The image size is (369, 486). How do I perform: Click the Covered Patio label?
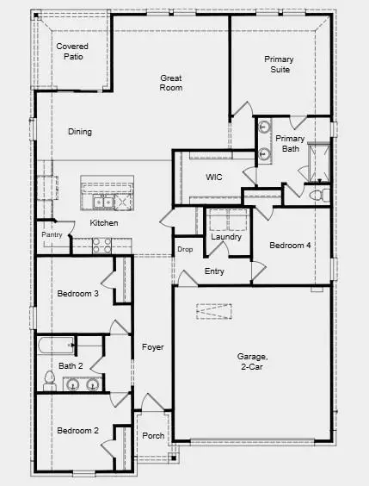71,51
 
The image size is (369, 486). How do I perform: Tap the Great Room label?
171,83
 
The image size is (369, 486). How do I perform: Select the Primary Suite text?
278,64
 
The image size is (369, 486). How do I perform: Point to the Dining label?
80,132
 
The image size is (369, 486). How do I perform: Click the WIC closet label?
214,177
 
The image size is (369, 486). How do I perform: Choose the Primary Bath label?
290,143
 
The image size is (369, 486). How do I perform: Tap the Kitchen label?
104,223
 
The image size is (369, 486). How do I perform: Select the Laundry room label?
225,237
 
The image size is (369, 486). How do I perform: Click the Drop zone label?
185,250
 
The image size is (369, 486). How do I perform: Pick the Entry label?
214,271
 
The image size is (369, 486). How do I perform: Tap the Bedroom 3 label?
77,294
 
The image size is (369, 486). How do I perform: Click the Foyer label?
153,347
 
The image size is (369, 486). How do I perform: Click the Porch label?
153,435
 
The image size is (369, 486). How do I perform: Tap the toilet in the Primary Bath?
319,195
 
